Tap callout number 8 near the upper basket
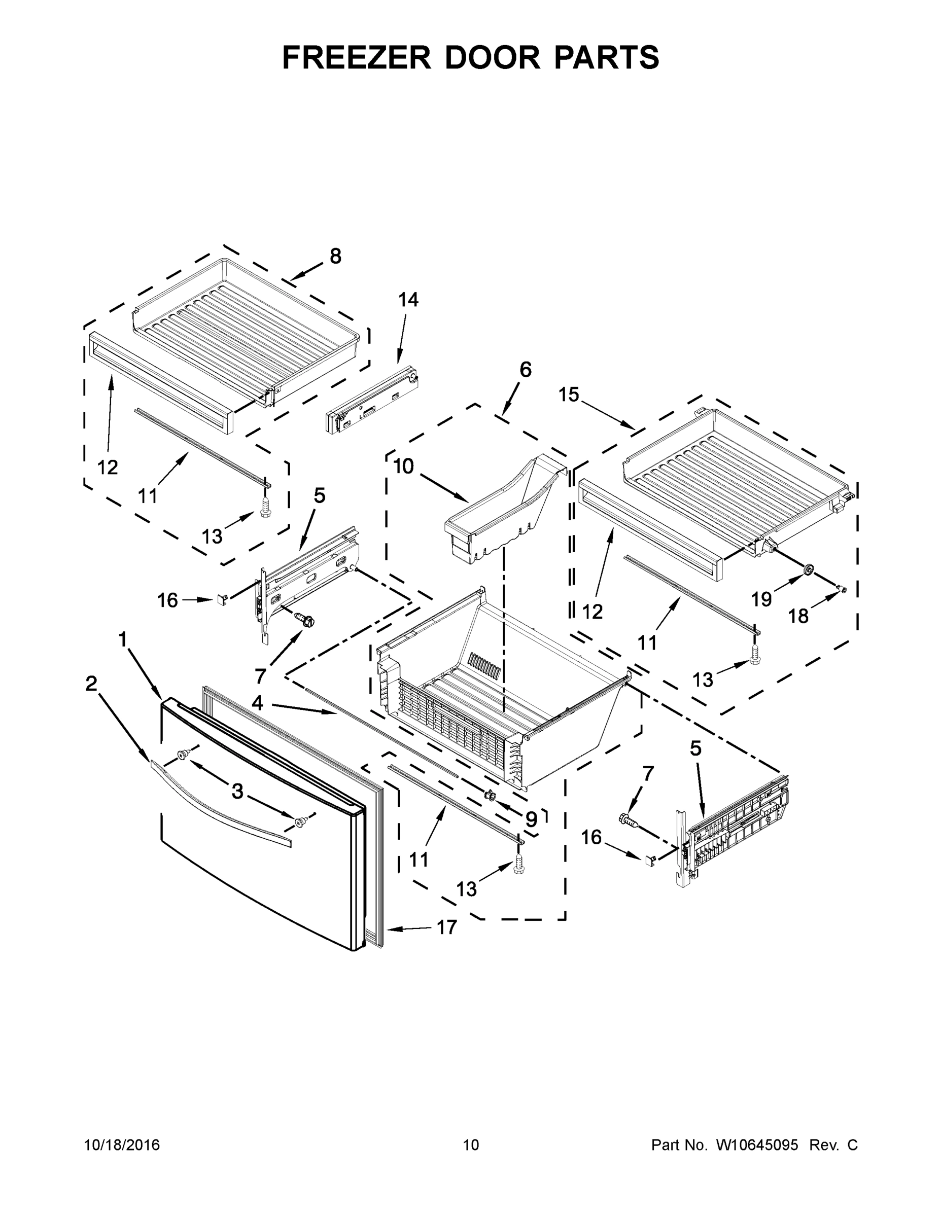(335, 256)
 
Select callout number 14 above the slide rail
(408, 299)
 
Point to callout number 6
(525, 370)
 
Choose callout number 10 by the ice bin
(403, 466)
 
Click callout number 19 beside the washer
(761, 599)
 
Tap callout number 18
(798, 616)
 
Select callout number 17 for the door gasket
(446, 927)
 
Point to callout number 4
(257, 703)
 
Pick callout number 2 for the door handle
(91, 684)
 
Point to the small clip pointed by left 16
(221, 599)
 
